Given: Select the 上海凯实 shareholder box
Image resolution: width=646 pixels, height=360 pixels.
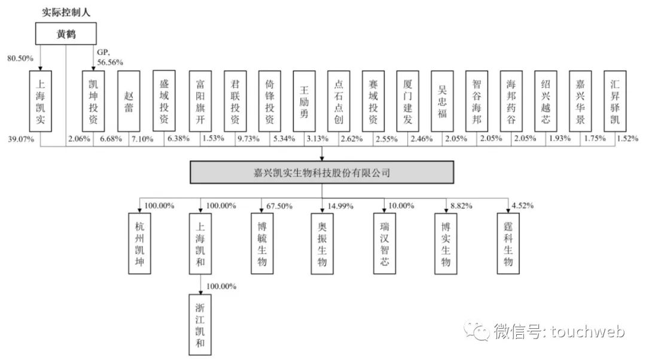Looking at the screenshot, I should click(x=41, y=101).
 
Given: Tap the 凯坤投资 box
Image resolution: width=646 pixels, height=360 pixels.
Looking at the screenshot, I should click(x=93, y=101).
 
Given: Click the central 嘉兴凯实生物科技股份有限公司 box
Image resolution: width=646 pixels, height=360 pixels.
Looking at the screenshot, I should click(x=322, y=173).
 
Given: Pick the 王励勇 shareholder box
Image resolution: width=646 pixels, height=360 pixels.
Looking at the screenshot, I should click(x=304, y=101).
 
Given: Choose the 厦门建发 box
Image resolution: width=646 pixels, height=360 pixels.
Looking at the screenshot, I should click(x=408, y=101).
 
